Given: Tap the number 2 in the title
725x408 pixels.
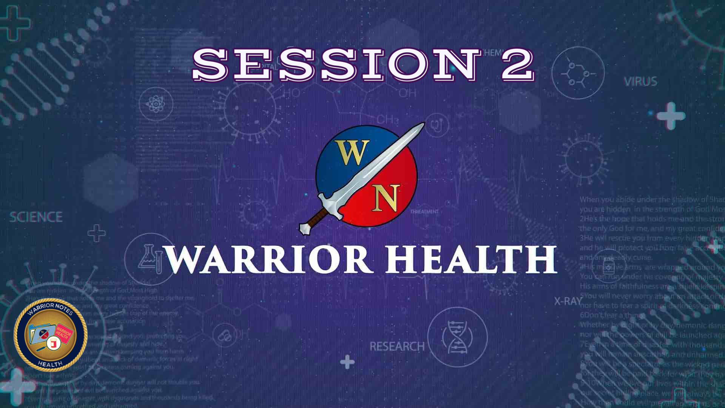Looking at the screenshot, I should pos(517,65).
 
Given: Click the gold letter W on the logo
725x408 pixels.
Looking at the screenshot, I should pos(352,153).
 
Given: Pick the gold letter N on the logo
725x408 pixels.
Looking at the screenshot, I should pos(386,198).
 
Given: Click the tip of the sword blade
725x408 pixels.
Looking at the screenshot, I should pos(423,124).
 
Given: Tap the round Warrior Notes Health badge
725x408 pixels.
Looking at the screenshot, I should pos(51,335).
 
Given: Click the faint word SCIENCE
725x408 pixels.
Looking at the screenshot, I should pos(36,217).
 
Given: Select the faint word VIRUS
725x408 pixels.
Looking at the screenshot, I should pos(640,82).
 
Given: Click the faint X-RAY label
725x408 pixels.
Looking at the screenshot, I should pos(568,301).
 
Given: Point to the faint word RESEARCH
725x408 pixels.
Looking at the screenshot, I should pos(397,346).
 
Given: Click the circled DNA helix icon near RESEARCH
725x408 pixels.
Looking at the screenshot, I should pos(457,337).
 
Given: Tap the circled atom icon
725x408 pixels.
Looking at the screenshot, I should pos(156,104).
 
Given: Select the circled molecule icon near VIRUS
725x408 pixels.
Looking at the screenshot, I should pos(578,73).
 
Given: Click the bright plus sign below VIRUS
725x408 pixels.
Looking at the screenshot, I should pos(671,116).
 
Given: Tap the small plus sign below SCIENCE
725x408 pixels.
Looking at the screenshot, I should pos(97,233).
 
